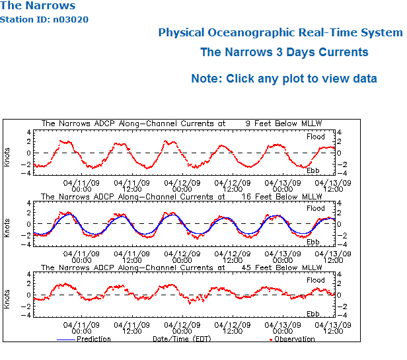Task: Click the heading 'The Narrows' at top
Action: (38, 6)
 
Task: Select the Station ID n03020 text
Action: (44, 19)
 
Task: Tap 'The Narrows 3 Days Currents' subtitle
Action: (284, 52)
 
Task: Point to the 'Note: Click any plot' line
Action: (284, 79)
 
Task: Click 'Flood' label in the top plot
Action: (315, 137)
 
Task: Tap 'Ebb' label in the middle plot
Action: (313, 242)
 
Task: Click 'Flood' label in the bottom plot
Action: (315, 281)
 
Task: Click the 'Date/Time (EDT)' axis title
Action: (182, 340)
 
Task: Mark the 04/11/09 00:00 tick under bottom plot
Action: (81, 329)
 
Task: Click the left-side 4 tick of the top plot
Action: (28, 132)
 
